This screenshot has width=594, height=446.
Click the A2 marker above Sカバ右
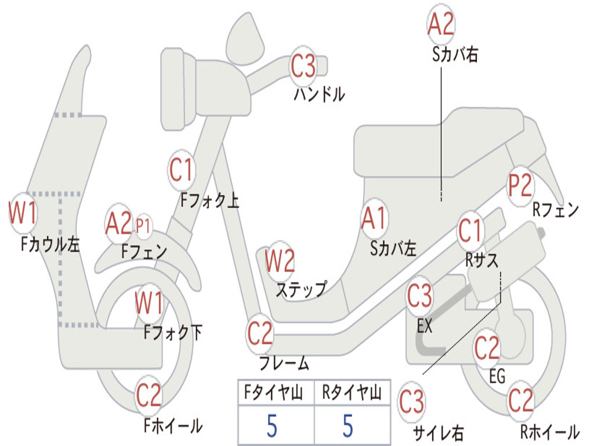(441, 23)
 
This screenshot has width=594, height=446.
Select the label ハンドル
(320, 93)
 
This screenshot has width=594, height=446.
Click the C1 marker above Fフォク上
(182, 170)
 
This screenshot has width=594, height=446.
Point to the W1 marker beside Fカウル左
(23, 213)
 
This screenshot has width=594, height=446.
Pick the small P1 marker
(143, 226)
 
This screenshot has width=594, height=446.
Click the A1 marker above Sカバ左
(374, 219)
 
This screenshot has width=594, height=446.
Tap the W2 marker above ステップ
(280, 261)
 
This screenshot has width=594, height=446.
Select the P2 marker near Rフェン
(520, 185)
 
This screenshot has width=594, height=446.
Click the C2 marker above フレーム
(259, 333)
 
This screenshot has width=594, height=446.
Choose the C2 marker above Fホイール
(149, 395)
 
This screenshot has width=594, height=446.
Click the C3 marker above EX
(419, 296)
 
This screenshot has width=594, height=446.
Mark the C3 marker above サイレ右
(411, 402)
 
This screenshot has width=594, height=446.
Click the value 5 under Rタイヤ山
(348, 425)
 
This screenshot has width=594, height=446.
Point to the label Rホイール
(550, 431)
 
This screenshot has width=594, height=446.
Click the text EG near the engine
(497, 376)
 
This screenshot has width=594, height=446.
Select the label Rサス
(482, 260)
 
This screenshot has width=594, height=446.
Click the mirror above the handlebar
(245, 38)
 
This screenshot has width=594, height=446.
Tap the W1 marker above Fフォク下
(149, 303)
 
